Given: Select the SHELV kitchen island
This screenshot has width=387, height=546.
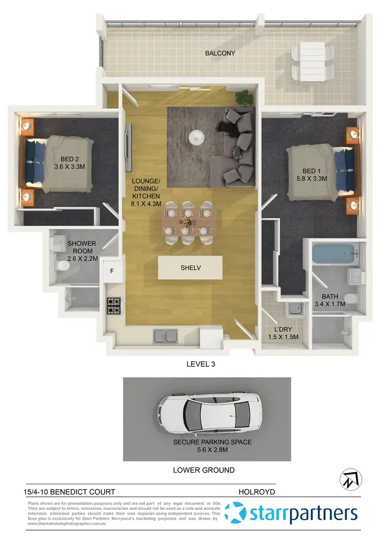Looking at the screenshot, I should click(190, 268).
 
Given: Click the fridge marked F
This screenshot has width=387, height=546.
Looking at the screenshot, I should click(112, 271).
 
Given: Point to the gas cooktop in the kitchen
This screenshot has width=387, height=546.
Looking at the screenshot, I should click(114, 307).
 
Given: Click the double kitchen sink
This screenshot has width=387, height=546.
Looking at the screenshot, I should click(166, 336).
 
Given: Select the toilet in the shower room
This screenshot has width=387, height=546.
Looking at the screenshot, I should click(63, 266).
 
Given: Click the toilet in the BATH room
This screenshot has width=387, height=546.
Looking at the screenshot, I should click(350, 298).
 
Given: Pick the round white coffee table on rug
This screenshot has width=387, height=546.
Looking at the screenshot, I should click(196, 137).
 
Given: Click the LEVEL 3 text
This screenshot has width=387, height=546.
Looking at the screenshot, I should click(200, 364).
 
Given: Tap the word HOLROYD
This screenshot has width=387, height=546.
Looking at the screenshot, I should click(256, 492).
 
